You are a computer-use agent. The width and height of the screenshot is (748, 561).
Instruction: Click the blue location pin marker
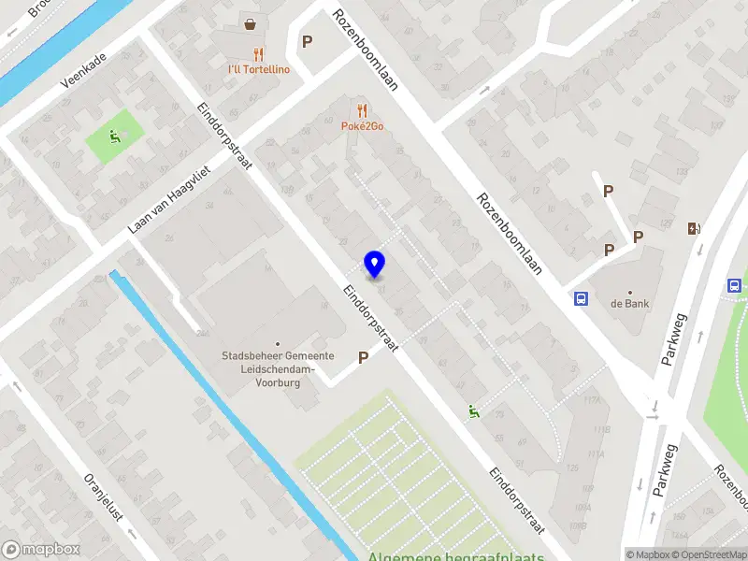tap(375, 264)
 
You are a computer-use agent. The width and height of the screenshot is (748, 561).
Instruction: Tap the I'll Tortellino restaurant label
tap(259, 69)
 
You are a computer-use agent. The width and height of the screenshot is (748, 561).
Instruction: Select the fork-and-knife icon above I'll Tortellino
tap(259, 54)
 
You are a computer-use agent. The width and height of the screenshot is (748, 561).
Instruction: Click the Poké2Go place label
tap(363, 126)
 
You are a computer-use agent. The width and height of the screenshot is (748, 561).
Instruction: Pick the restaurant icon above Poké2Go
tap(362, 110)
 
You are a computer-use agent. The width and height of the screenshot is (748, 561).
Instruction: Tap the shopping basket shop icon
tap(250, 23)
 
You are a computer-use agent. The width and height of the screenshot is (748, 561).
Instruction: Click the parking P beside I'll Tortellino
tap(307, 41)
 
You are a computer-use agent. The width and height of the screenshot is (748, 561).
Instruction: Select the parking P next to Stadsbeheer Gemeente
tap(364, 356)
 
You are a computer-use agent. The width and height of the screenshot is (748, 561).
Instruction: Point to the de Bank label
tap(630, 303)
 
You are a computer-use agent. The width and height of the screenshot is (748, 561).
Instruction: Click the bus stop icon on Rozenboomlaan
tap(581, 298)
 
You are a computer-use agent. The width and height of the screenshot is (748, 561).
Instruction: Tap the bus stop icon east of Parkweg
tap(735, 285)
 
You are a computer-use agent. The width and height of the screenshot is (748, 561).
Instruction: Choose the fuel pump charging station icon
tap(694, 228)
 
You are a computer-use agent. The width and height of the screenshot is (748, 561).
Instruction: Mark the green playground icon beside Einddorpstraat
tap(473, 409)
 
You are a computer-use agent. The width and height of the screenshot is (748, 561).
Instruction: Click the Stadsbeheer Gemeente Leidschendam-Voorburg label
tap(278, 368)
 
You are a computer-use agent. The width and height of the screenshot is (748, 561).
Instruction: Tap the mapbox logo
tap(40, 550)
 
